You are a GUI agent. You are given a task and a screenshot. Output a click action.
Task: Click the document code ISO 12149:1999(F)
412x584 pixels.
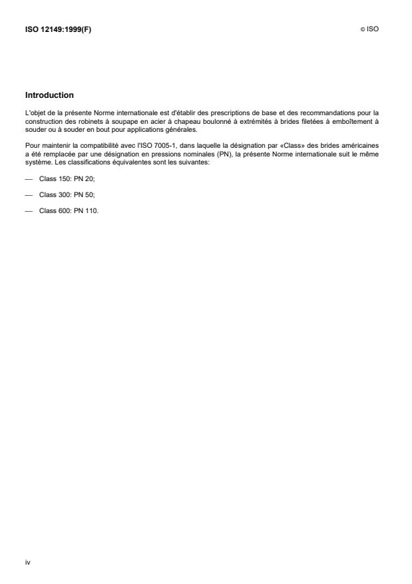click(x=58, y=29)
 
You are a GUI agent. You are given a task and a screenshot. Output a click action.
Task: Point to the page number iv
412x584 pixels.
click(x=27, y=563)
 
